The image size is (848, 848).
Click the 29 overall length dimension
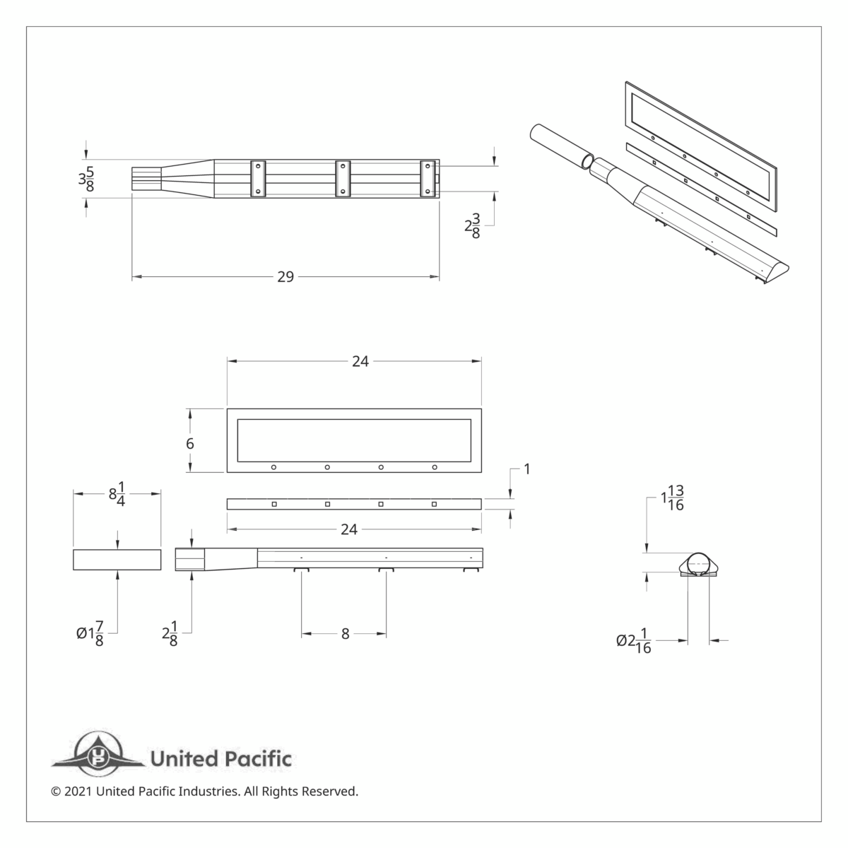[285, 277]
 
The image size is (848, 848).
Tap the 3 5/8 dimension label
[86, 179]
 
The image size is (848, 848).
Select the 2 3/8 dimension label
[472, 226]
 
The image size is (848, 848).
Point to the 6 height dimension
[190, 443]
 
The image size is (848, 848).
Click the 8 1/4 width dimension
[117, 494]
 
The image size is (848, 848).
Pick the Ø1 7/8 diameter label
[91, 633]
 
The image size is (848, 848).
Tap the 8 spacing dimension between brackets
[345, 634]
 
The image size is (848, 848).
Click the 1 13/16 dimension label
[672, 498]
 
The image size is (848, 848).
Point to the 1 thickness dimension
[526, 469]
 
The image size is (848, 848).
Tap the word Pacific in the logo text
[257, 760]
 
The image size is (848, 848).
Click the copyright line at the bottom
[205, 791]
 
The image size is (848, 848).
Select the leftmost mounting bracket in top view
[258, 178]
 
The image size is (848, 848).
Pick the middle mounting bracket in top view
[343, 178]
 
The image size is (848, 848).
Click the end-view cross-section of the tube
[699, 565]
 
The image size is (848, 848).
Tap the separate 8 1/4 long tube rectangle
[117, 559]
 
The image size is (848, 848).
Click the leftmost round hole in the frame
[273, 467]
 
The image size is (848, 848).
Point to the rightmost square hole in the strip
[434, 504]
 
